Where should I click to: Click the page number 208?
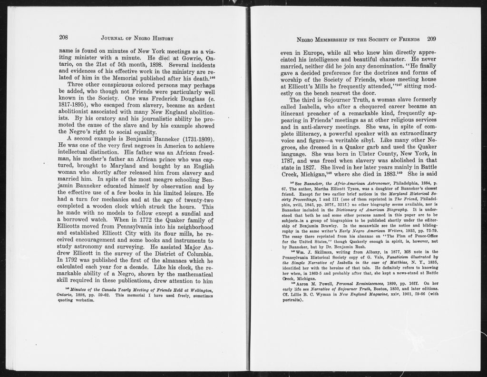64,38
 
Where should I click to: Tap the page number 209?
432,39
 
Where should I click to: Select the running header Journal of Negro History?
137,38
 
